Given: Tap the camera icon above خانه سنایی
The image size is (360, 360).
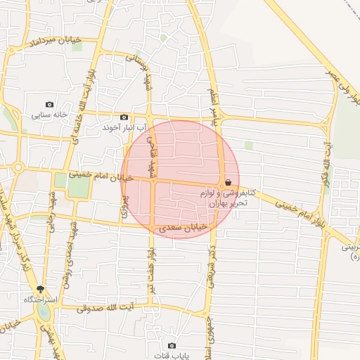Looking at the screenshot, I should [49, 104].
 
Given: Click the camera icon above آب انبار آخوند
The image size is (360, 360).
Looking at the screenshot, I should [124, 117].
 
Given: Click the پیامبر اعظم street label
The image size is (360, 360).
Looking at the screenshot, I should [213, 103].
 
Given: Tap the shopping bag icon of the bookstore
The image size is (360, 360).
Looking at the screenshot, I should [229, 182].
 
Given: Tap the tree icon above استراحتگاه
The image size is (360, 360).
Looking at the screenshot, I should [40, 289].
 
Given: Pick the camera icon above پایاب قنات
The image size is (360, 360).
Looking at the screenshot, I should [172, 345].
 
